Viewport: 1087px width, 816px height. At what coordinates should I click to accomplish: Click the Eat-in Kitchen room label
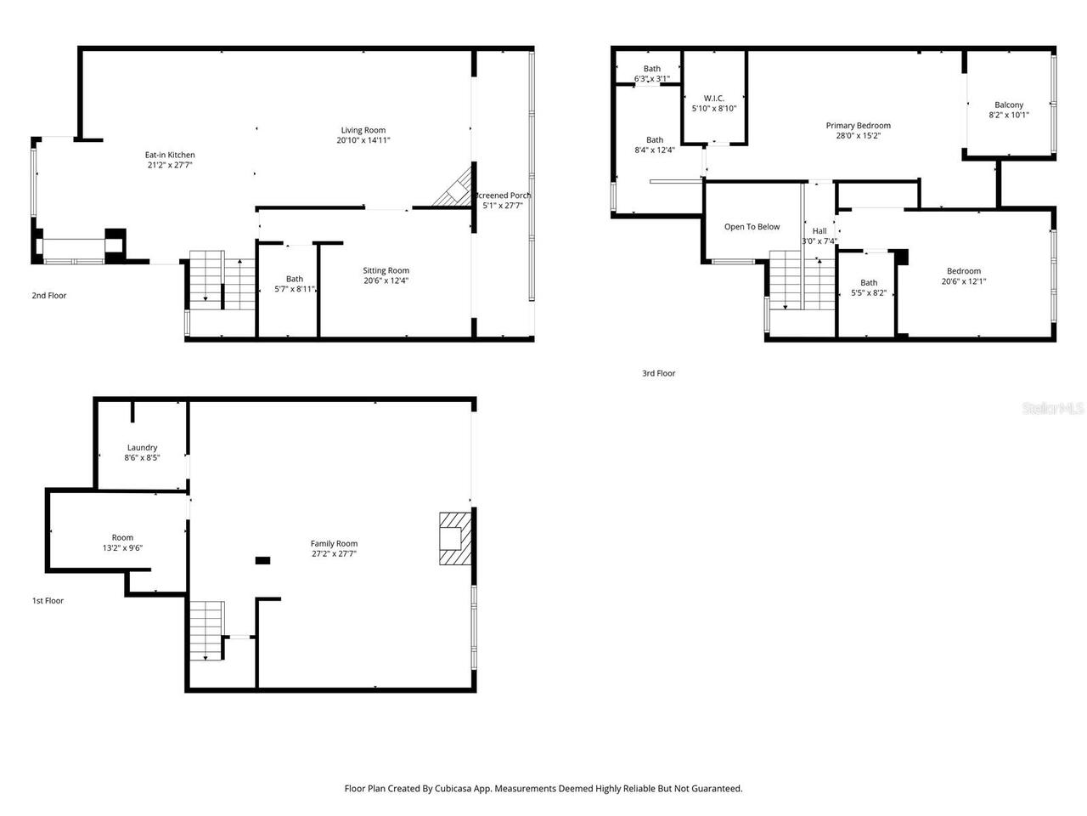tap(170, 155)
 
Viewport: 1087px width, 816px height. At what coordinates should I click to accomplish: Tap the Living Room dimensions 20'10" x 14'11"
tap(363, 140)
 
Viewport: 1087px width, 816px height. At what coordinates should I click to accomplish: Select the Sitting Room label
tap(386, 270)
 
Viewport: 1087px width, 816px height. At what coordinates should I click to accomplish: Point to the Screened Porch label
tap(504, 195)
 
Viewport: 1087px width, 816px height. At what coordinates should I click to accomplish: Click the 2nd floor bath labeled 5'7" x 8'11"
tap(295, 284)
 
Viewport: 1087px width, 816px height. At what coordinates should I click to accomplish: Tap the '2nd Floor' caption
tap(49, 296)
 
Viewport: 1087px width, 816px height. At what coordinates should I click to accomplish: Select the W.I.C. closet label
tap(713, 98)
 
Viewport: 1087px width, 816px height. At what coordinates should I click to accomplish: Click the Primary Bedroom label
tap(858, 126)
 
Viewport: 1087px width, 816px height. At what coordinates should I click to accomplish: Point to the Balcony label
tap(1009, 105)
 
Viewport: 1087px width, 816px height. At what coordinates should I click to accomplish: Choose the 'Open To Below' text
tap(752, 227)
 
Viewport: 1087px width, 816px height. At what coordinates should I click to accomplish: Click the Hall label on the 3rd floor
tap(819, 231)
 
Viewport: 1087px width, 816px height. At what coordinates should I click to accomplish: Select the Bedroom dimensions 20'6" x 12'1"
tap(963, 281)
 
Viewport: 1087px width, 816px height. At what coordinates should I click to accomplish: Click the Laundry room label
tap(142, 447)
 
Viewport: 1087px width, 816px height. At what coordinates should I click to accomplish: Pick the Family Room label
tap(334, 543)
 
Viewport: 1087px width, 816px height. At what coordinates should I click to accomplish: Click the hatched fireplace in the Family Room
tap(453, 538)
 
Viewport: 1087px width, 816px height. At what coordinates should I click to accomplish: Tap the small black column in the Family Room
tap(262, 560)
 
